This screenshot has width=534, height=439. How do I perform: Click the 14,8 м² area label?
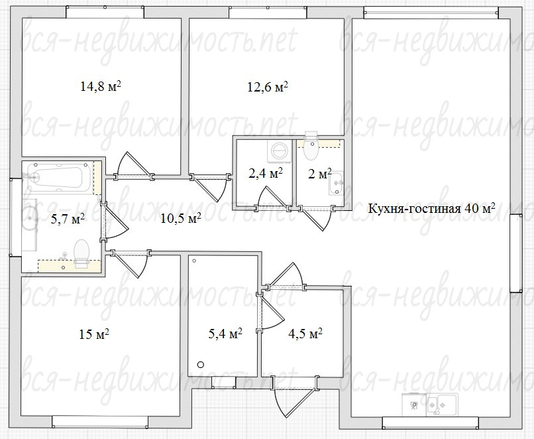point(101,86)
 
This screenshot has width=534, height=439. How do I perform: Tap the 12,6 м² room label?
point(268,87)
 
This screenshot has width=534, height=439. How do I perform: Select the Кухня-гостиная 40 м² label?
point(431,208)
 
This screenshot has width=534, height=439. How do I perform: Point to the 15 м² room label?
point(94,334)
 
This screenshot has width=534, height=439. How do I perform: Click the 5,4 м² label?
point(225,334)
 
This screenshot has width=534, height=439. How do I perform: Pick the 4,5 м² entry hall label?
point(305,334)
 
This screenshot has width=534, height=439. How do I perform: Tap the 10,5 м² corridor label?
point(180,218)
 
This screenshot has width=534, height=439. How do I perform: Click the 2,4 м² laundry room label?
point(266,174)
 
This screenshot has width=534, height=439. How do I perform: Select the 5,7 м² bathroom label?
point(68,219)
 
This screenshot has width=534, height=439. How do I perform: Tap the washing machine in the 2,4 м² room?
point(280,151)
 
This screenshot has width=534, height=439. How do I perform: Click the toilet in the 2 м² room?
point(311,146)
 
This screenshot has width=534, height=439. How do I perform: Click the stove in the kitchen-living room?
point(414,405)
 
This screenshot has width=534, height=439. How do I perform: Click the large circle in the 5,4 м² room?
point(201,365)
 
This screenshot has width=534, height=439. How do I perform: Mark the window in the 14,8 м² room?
point(105,13)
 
